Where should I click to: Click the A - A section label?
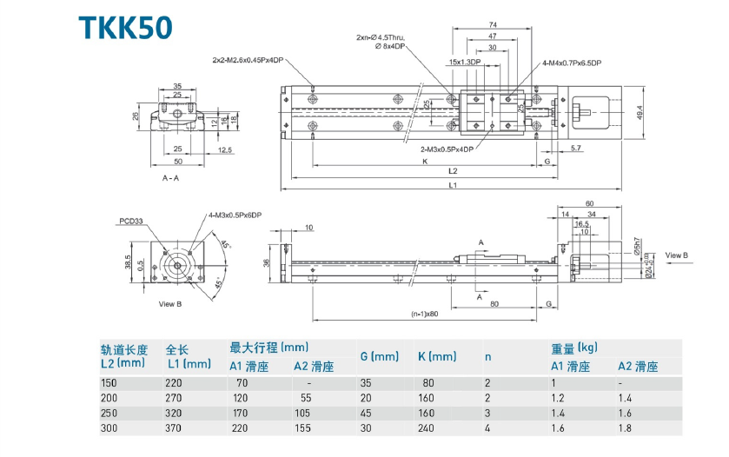170,177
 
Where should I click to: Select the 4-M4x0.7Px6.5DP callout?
572,63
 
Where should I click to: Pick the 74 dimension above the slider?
492,24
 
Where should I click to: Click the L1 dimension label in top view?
453,185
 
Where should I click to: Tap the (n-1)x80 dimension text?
424,314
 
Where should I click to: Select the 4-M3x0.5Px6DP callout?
234,214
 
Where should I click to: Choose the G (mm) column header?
379,356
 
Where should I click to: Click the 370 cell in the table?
177,429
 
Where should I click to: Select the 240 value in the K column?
426,429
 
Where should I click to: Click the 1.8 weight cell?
625,429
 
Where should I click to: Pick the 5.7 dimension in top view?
576,149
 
